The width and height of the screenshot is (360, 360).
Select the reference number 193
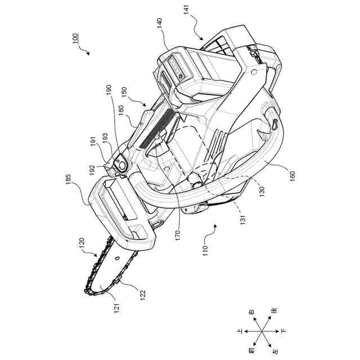105,137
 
